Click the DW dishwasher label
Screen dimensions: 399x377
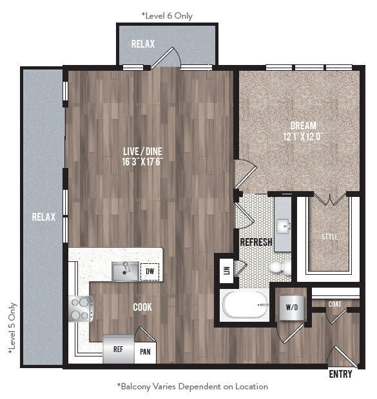(150, 272)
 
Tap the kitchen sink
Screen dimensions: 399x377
(124, 272)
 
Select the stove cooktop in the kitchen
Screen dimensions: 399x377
(81, 308)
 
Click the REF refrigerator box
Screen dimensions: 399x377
(119, 351)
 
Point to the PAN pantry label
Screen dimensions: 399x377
(145, 353)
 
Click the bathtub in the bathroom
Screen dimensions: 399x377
(245, 304)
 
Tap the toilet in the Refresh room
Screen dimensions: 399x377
(277, 267)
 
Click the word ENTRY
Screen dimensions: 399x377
(341, 374)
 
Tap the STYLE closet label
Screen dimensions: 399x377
(330, 237)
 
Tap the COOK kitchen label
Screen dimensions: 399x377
(142, 308)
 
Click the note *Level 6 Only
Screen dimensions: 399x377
(166, 15)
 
